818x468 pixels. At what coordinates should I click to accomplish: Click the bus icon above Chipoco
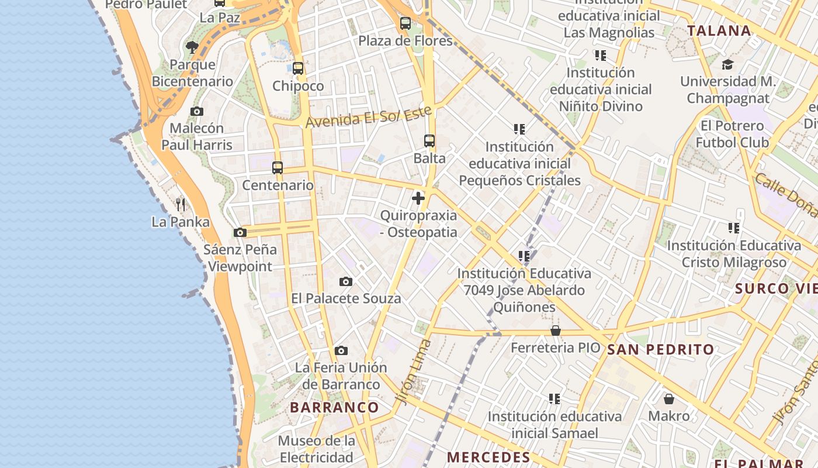coord(298,68)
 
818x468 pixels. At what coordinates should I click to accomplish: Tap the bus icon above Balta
coord(429,141)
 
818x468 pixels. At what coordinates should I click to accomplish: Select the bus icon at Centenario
coord(278,168)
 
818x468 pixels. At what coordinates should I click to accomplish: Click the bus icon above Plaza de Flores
coord(405,23)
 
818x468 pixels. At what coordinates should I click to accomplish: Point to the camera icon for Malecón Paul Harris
coord(197,111)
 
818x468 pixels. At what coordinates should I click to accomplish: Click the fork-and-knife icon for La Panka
coord(181,204)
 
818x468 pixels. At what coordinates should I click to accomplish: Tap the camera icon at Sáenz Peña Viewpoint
coord(240,232)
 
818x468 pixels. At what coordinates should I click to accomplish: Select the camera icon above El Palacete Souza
coord(346,281)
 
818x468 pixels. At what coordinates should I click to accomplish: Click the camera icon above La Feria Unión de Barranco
coord(341,350)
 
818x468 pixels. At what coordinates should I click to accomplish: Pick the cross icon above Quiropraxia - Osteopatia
coord(418,198)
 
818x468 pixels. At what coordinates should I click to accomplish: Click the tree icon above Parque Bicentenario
coord(192,47)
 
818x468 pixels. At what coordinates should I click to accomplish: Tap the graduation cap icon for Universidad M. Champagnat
coord(727,64)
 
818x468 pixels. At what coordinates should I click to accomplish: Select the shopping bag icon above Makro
coord(669,399)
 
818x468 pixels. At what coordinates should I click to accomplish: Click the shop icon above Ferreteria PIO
coord(556,331)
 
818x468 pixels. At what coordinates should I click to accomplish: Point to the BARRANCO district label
coord(334,407)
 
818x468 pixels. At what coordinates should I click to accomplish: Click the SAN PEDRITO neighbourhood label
coord(660,350)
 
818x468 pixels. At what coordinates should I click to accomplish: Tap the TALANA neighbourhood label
coord(719,31)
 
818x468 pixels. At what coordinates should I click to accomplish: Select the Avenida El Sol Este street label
coord(369,117)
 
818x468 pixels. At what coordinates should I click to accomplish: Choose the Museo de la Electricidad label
coord(316,449)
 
